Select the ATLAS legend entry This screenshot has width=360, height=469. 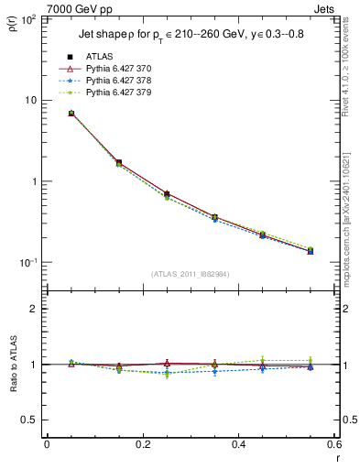click(101, 57)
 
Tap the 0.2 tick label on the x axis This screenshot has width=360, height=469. click(142, 446)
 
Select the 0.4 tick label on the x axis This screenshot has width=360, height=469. click(238, 446)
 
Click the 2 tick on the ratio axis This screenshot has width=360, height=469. click(34, 309)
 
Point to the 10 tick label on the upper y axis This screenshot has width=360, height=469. click(30, 100)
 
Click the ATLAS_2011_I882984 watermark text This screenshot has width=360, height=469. click(191, 274)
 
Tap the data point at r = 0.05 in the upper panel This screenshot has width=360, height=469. click(71, 114)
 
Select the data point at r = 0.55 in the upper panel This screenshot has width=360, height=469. click(311, 250)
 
